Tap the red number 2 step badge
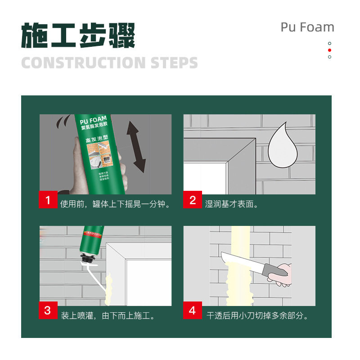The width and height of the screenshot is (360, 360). pos(193,200)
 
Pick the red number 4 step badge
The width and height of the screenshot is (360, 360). pos(193,310)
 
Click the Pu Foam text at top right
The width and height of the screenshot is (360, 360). pos(307,27)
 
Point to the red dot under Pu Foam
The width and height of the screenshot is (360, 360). pos(329,50)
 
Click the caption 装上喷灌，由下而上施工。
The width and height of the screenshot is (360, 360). pos(108,315)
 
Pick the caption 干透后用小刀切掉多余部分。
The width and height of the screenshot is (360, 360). pos(257,315)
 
